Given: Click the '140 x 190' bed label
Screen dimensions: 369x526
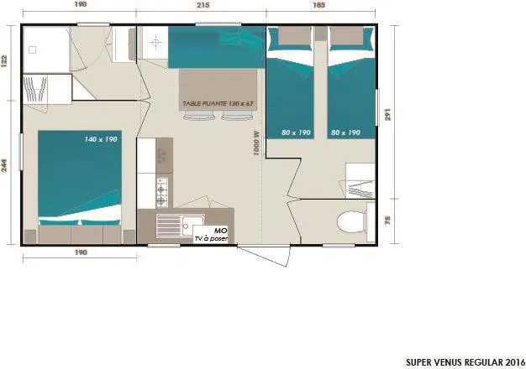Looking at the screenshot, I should tap(100, 139).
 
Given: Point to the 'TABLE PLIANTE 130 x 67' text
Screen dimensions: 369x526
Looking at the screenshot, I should tap(218, 104).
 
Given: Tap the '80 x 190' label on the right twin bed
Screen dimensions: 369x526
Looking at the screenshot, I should tap(345, 133).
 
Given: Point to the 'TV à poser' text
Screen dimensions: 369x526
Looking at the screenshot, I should tap(211, 238).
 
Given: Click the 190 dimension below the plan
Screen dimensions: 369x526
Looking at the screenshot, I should tap(79, 253).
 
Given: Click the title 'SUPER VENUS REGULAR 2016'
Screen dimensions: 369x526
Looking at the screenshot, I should tap(460, 361).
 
